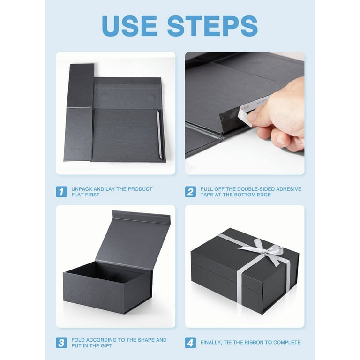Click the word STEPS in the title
pyautogui.click(x=212, y=26)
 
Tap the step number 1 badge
pyautogui.click(x=61, y=192)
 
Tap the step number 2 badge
pyautogui.click(x=190, y=192)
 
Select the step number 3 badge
pyautogui.click(x=61, y=343)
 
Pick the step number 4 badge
pyautogui.click(x=190, y=343)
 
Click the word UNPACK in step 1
pyautogui.click(x=82, y=189)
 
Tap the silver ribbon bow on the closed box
pyautogui.click(x=268, y=247)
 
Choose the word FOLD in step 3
pyautogui.click(x=79, y=340)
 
